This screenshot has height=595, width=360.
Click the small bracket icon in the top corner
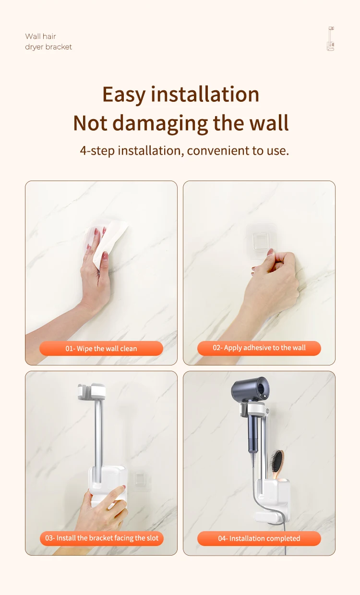click(x=331, y=38)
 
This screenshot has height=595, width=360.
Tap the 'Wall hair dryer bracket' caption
click(x=48, y=41)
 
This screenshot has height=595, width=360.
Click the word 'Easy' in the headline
click(x=124, y=94)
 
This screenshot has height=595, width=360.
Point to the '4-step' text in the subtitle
click(x=97, y=151)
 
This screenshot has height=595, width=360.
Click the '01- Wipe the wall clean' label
click(x=101, y=348)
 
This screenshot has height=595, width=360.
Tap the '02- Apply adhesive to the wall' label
click(x=259, y=348)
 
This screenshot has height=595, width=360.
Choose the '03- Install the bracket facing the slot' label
click(x=102, y=538)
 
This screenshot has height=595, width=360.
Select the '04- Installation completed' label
click(x=259, y=538)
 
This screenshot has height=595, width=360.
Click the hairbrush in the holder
click(x=277, y=464)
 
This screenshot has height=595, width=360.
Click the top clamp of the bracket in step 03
click(x=92, y=391)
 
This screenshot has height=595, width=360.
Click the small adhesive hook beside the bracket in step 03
click(x=139, y=478)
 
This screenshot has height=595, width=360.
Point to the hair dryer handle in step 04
click(x=252, y=430)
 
